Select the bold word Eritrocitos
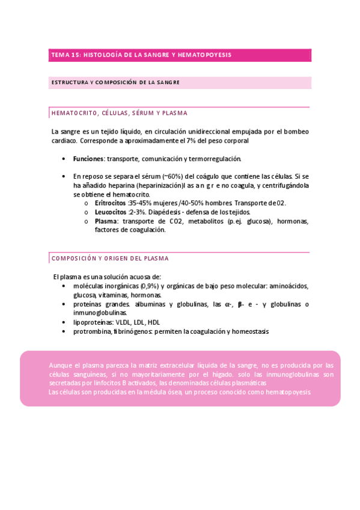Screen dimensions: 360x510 (x=110, y=203)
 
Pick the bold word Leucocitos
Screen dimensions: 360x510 (x=110, y=212)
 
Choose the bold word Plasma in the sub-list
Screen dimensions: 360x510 (x=106, y=221)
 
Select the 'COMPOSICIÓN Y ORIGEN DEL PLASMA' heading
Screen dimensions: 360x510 (x=110, y=258)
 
